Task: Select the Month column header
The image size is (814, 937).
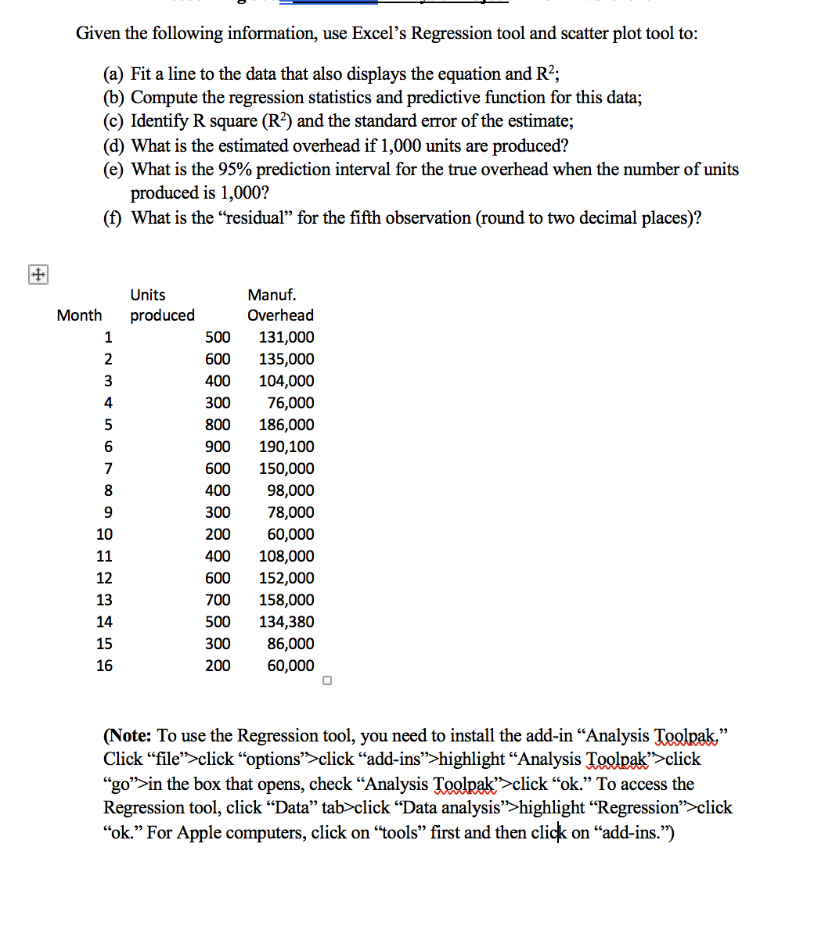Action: (x=79, y=315)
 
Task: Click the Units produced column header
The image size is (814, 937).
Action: (x=162, y=306)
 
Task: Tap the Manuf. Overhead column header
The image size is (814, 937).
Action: (x=279, y=306)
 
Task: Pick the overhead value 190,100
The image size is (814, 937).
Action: (x=286, y=447)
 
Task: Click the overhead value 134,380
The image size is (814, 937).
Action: (x=286, y=622)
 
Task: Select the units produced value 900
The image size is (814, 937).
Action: (x=218, y=447)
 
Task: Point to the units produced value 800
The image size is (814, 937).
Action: (x=218, y=425)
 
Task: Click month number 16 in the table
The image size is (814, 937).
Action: (x=104, y=666)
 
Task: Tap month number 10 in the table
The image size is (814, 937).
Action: (x=104, y=534)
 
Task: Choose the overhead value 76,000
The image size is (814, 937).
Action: (x=290, y=403)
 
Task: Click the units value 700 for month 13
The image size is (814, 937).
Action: (x=218, y=600)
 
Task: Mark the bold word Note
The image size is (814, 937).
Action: (x=130, y=736)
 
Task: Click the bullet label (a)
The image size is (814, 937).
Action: (x=114, y=74)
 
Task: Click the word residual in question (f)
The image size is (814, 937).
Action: (x=254, y=217)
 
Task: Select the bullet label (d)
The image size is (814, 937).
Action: (x=114, y=146)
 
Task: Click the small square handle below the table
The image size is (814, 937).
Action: (x=327, y=680)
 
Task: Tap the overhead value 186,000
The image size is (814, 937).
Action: (x=286, y=425)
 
